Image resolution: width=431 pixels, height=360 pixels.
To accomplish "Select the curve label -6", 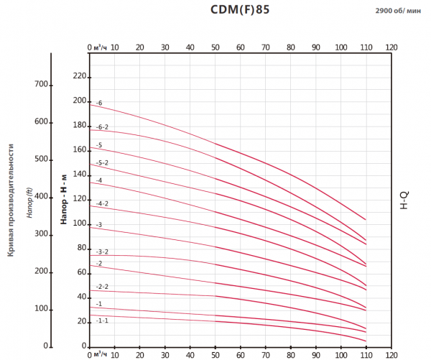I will [99, 103].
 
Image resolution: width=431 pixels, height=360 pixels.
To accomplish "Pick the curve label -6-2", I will [102, 126].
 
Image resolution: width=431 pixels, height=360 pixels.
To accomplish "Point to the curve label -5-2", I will [102, 162].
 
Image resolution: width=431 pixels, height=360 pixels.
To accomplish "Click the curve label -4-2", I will [102, 203].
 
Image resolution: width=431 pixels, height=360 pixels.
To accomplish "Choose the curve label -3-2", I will [102, 251].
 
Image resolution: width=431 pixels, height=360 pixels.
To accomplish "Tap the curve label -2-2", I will [102, 287].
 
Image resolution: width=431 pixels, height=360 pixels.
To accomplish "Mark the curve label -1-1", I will [102, 320].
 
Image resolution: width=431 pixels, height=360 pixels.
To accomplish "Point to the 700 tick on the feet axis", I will [40, 84].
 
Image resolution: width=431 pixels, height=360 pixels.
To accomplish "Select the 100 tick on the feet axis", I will [40, 308].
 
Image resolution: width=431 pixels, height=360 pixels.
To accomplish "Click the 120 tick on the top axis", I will [391, 47].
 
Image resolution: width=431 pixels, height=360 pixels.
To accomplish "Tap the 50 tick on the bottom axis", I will [215, 354].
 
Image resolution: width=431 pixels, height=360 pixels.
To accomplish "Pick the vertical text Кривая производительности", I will [12, 199].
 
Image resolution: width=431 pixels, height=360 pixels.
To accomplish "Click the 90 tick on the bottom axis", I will [315, 354].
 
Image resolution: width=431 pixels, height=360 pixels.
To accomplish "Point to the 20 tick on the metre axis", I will [81, 321].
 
